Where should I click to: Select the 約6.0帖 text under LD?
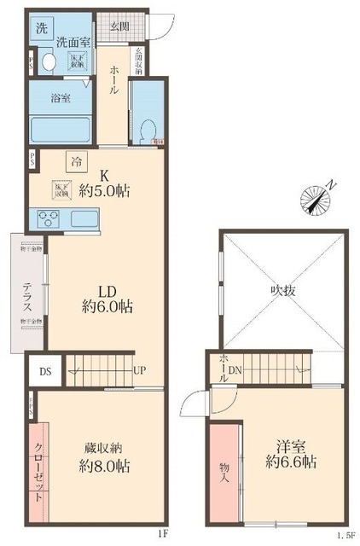[106, 305]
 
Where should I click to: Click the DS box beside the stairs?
[45, 371]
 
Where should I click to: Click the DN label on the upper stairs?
[235, 371]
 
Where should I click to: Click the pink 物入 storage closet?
[224, 471]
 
